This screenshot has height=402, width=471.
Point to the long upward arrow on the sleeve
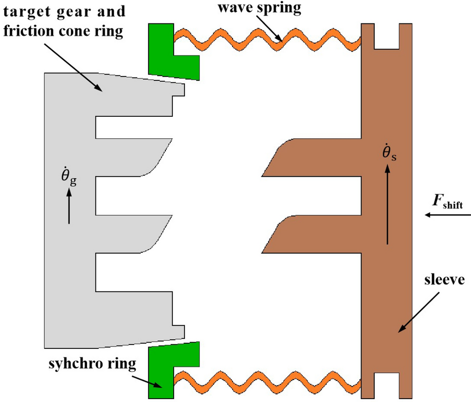(387, 204)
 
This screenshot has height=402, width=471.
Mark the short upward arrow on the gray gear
(69, 207)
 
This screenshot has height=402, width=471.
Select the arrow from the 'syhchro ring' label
(148, 380)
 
